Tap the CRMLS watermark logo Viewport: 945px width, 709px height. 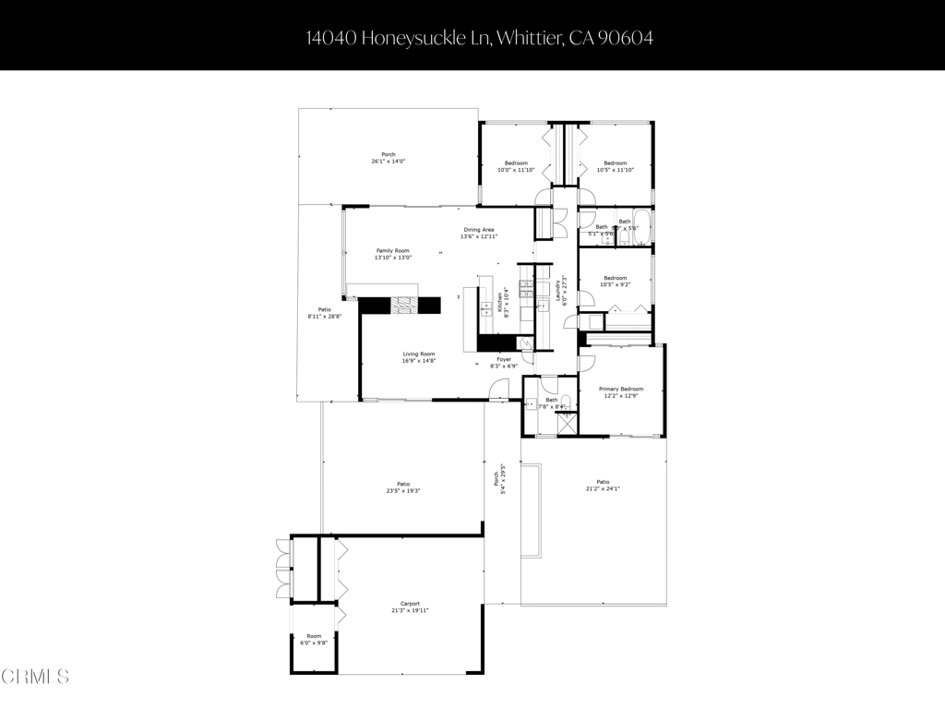pyautogui.click(x=35, y=677)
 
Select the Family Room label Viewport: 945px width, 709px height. pyautogui.click(x=392, y=254)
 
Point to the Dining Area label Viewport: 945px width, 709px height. pyautogui.click(x=478, y=233)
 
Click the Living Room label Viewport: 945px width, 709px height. pyautogui.click(x=418, y=357)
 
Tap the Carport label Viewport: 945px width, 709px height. pyautogui.click(x=410, y=607)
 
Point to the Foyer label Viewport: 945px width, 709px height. pyautogui.click(x=505, y=363)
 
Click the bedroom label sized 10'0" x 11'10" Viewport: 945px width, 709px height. pyautogui.click(x=515, y=166)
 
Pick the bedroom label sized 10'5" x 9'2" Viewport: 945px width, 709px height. pyautogui.click(x=615, y=282)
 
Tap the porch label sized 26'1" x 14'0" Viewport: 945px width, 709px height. pyautogui.click(x=389, y=158)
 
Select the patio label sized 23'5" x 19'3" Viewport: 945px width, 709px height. pyautogui.click(x=403, y=487)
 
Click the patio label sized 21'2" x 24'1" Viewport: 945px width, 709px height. pyautogui.click(x=603, y=485)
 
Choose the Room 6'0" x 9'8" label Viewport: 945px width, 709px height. pyautogui.click(x=315, y=639)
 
